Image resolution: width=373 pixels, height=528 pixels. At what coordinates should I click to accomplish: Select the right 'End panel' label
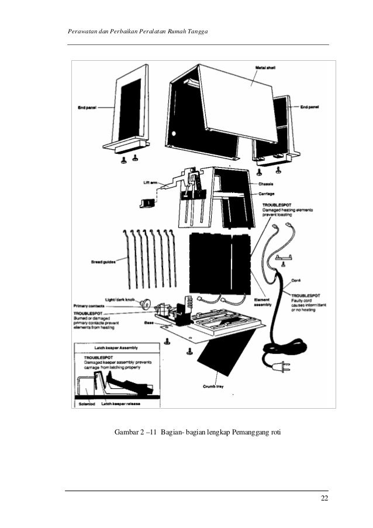point(312,108)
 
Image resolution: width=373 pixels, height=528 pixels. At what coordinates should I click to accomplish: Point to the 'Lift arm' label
point(151,182)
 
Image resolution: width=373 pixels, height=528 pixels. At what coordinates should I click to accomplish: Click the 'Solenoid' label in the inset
point(87,403)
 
